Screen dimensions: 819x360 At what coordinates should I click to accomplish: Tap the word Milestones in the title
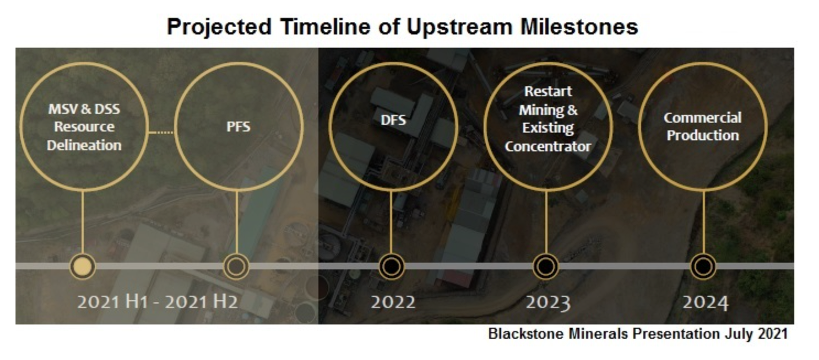point(579,26)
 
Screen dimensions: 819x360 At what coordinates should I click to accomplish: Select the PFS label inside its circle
point(238,126)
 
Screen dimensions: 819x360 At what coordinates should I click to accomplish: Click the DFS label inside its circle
point(393,120)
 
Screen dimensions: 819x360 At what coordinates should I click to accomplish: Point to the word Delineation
point(84,145)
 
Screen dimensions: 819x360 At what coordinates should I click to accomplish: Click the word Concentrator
point(547,146)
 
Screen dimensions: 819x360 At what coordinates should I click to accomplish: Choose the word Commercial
point(702,117)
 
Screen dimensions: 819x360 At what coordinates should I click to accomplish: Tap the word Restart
point(548,91)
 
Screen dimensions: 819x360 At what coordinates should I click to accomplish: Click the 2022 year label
point(393,302)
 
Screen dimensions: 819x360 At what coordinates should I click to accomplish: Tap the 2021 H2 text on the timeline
point(201,302)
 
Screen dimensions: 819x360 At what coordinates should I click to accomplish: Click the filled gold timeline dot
point(82,266)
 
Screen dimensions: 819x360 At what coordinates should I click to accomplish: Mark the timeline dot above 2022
point(391,266)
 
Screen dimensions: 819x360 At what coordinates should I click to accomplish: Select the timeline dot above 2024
point(703,266)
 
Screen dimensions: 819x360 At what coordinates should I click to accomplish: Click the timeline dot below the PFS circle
point(236,266)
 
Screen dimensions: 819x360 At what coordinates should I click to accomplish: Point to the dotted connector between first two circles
point(161,132)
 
